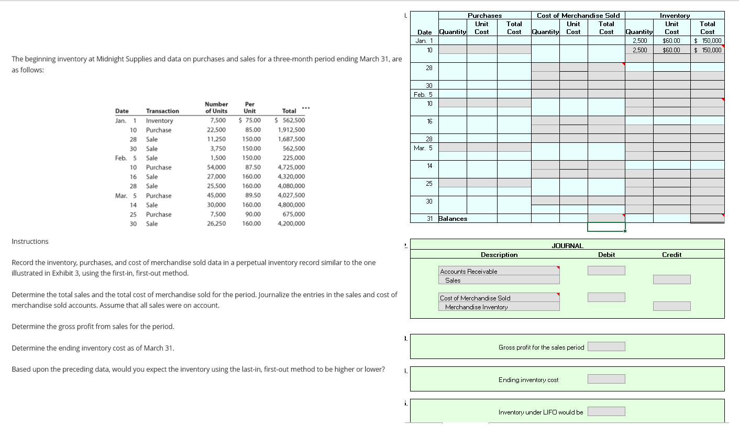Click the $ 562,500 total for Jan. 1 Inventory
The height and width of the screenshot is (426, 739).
pyautogui.click(x=290, y=120)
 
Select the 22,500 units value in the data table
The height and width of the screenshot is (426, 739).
pyautogui.click(x=216, y=130)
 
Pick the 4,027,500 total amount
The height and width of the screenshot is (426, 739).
pyautogui.click(x=291, y=195)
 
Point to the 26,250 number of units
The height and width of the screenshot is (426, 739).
pyautogui.click(x=216, y=223)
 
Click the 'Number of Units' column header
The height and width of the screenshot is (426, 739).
pyautogui.click(x=216, y=107)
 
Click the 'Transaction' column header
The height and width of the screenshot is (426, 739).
pyautogui.click(x=162, y=111)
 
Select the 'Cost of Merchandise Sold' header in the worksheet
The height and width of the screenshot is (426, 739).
pyautogui.click(x=578, y=16)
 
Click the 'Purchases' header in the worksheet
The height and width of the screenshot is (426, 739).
pyautogui.click(x=484, y=16)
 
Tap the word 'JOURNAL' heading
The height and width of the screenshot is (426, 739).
pyautogui.click(x=567, y=245)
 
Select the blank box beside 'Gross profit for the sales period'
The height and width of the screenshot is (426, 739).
pyautogui.click(x=606, y=346)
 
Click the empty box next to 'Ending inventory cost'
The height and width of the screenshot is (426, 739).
pyautogui.click(x=606, y=379)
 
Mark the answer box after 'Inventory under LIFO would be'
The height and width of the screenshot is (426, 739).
pyautogui.click(x=606, y=411)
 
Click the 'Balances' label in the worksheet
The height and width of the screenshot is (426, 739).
pyautogui.click(x=453, y=219)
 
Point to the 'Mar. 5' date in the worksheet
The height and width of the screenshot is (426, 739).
pyautogui.click(x=423, y=148)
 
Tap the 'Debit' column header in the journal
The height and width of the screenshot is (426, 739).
pyautogui.click(x=606, y=255)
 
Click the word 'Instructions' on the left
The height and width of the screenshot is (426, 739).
pyautogui.click(x=30, y=241)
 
